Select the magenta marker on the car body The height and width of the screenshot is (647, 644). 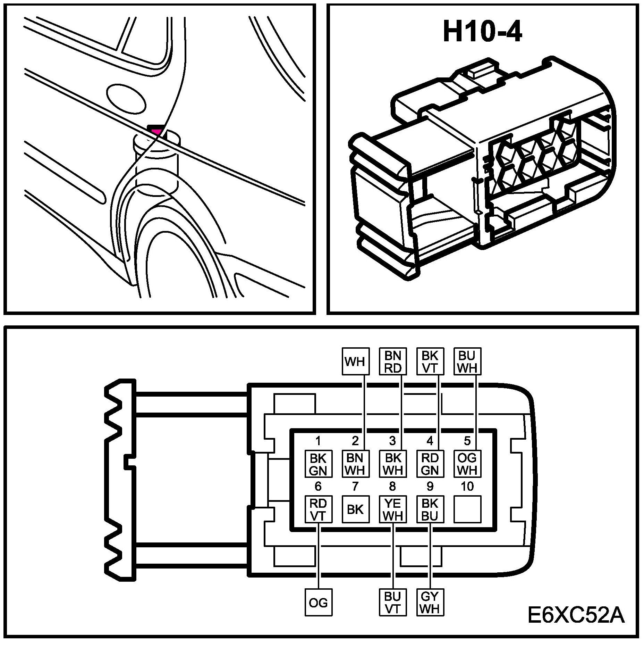click(156, 131)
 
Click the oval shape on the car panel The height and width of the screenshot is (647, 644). click(126, 98)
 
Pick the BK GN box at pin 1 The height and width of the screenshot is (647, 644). click(318, 464)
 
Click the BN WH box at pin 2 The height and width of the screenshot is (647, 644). click(355, 464)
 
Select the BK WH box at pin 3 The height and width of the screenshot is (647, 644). click(392, 464)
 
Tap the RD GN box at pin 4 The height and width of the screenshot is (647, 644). click(430, 464)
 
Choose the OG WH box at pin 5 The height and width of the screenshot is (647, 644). click(467, 464)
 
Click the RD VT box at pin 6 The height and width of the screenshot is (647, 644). click(318, 509)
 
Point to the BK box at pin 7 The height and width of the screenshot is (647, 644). click(355, 509)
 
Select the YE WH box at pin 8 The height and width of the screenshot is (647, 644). click(392, 509)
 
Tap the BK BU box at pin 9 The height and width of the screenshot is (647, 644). click(430, 509)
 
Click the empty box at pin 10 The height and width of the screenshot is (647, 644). click(467, 509)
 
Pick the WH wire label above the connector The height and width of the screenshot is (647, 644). click(355, 362)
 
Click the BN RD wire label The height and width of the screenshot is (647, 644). click(392, 362)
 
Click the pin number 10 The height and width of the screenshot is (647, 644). click(467, 487)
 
